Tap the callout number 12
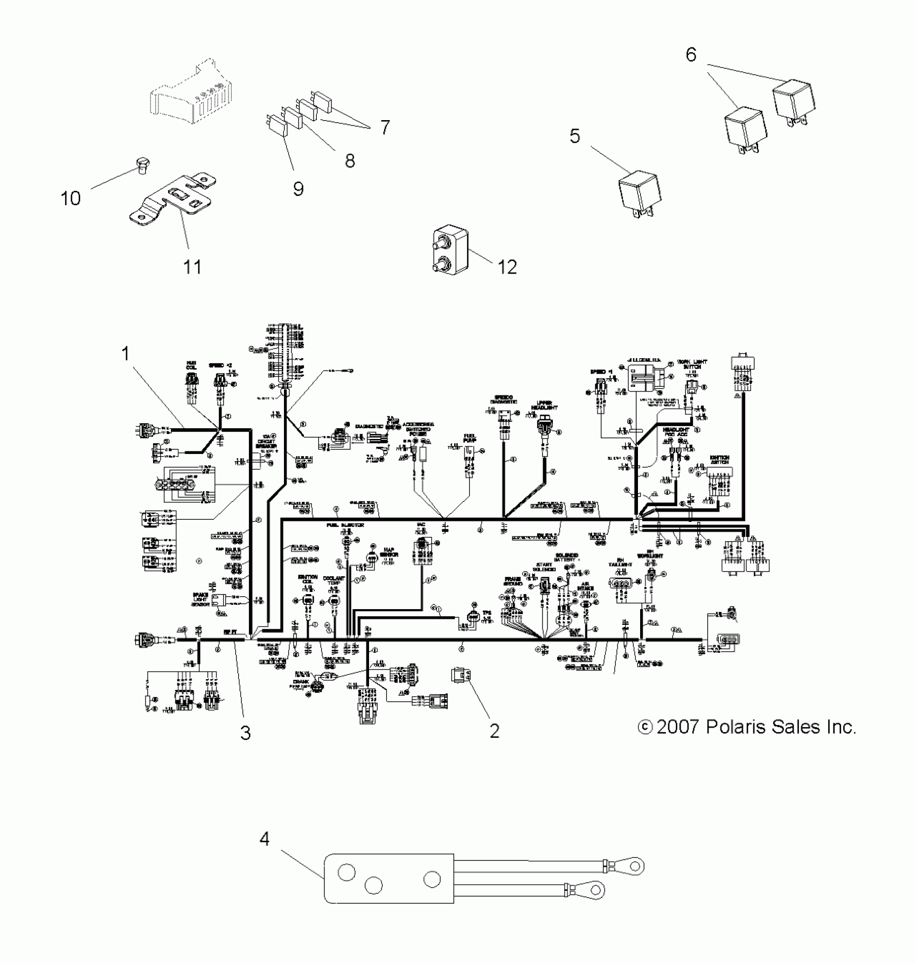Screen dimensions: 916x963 tap(507, 267)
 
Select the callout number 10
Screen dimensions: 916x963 tap(71, 198)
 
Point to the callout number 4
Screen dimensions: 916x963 tap(264, 839)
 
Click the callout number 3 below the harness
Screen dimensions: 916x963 tap(245, 732)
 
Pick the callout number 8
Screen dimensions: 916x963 tap(350, 160)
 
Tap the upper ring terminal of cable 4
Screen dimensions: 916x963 tap(636, 866)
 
